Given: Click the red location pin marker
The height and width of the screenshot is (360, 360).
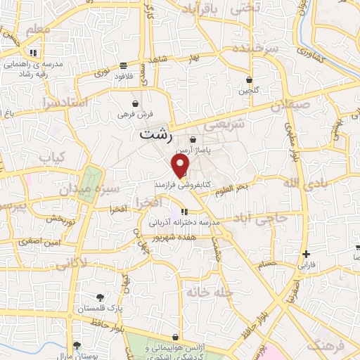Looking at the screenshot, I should point(181,165).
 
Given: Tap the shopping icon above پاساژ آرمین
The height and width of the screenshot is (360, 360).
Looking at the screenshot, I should point(192,141).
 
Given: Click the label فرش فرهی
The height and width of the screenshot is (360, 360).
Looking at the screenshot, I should point(135,112).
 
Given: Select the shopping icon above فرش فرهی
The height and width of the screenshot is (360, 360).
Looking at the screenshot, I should point(135,102).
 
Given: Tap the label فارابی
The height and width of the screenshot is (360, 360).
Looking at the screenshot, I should point(306,266).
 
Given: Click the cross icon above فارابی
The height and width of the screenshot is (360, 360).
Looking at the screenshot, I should point(306,254).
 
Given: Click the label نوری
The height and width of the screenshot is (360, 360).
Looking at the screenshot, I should point(103,73).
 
